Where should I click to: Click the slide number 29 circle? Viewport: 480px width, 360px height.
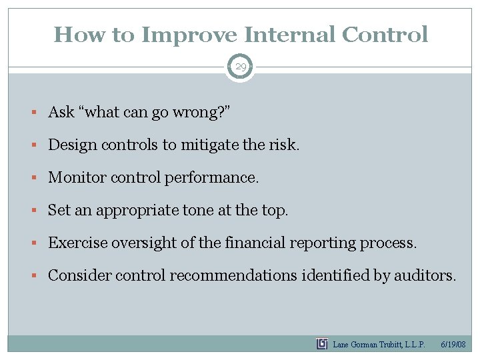coord(240,67)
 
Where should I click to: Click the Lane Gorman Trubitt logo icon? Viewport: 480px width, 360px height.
coord(322,344)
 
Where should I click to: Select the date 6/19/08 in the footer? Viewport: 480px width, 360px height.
coord(454,345)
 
